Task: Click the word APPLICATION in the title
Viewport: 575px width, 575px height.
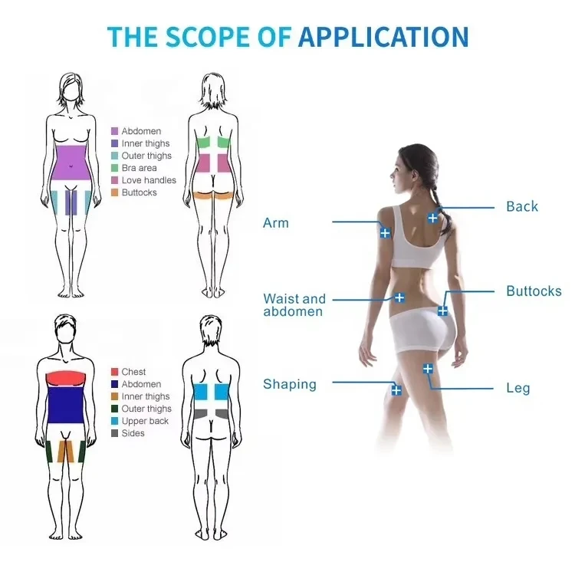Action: [383, 37]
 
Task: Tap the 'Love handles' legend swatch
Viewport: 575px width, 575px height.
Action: [114, 180]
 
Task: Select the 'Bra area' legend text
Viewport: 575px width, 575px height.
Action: [139, 168]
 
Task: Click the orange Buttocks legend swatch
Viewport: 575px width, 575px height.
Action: [114, 192]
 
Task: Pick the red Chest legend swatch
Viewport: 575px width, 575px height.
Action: [114, 372]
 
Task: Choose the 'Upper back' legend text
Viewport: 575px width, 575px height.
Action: [145, 421]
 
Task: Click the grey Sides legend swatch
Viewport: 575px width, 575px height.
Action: [114, 433]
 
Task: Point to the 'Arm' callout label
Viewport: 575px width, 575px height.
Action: [276, 222]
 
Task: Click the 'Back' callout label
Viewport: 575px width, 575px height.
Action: [522, 206]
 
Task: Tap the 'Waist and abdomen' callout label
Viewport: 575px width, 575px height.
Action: [294, 305]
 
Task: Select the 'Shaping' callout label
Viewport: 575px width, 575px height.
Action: [290, 384]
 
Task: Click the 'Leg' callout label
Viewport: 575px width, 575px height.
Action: [518, 388]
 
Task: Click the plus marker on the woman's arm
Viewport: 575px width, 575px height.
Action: [385, 232]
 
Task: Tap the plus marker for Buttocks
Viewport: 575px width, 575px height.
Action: [442, 310]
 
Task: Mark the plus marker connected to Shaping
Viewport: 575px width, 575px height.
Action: [396, 390]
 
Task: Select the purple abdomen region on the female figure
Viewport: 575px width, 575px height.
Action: [71, 163]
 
